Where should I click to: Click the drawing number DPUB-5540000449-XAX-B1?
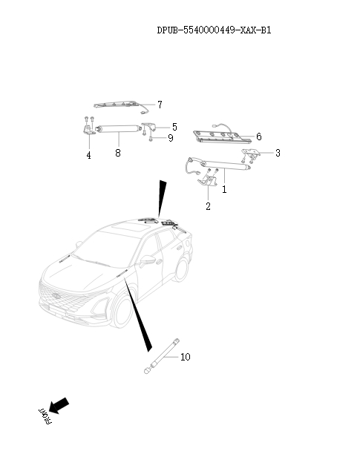pos(214,30)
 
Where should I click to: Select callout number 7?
pos(160,105)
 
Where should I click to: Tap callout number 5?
pos(174,127)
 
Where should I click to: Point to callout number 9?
pos(171,138)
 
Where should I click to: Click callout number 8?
pos(118,153)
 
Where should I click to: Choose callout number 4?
pos(88,155)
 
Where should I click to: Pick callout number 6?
pos(258,136)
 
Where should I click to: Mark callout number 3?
pos(278,153)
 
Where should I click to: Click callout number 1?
pos(224,190)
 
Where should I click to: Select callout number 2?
pos(208,206)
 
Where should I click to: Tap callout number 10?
pos(186,357)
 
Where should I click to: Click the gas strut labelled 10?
pos(162,356)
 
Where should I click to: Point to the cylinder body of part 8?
pos(118,129)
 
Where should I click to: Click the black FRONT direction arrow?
pos(59,405)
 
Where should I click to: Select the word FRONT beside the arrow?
pos(45,417)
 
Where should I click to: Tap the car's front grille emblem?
pos(56,296)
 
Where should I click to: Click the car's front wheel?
pos(122,311)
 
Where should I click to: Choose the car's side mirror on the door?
pos(146,260)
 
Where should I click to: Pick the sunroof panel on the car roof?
pos(128,226)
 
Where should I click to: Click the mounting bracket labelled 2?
pos(208,181)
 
